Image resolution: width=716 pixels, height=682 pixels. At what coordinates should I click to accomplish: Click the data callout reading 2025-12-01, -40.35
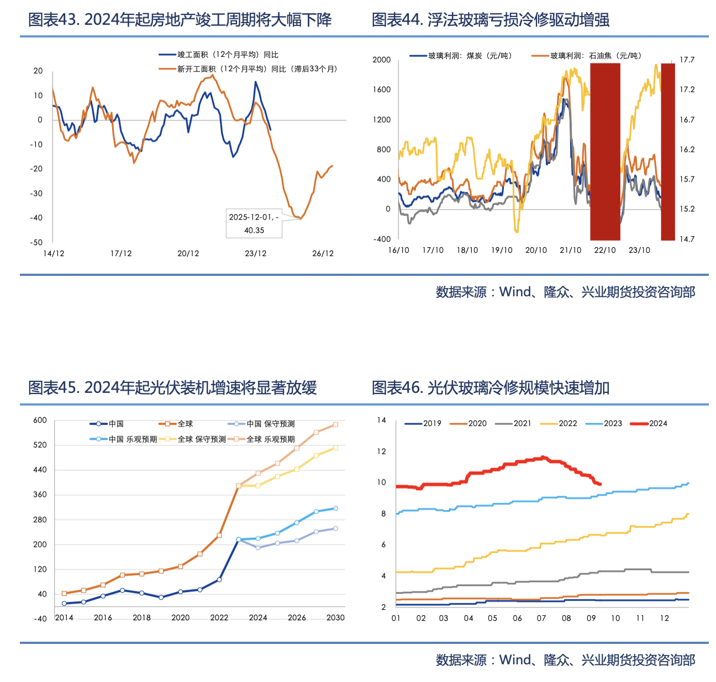point(254,223)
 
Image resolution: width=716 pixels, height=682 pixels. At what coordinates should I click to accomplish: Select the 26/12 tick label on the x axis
point(323,254)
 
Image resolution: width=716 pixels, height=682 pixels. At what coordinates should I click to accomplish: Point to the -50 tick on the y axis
point(36,242)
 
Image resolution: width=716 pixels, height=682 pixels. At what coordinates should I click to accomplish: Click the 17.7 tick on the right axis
point(687,60)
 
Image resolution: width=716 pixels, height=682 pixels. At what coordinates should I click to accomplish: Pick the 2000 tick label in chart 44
point(381,60)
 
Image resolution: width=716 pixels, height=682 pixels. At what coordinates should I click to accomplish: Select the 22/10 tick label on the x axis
point(605,251)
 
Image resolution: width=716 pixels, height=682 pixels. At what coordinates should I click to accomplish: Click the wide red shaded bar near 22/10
point(605,152)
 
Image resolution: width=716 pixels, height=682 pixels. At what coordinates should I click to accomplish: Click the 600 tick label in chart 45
point(40,420)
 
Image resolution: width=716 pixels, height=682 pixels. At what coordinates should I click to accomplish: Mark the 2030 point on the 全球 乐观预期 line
point(335,425)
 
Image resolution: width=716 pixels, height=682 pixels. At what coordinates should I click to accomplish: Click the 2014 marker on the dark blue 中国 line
point(64,604)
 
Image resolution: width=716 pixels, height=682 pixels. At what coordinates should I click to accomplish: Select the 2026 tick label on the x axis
point(297,617)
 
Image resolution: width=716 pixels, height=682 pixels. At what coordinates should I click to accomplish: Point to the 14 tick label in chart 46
point(381,420)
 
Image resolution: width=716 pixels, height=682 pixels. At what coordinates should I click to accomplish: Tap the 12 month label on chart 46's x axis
point(665,618)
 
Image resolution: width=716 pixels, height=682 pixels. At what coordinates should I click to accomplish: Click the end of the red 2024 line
point(600,484)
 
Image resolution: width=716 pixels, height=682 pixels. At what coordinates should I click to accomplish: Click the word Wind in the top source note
point(514,292)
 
